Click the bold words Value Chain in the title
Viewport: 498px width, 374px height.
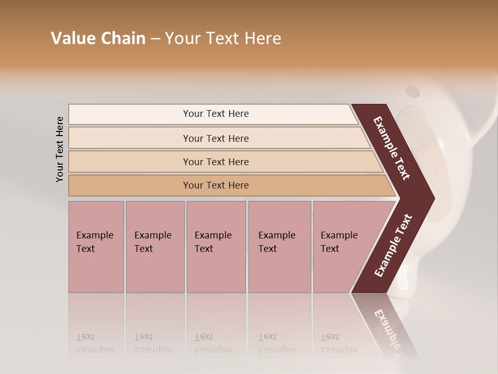[x=98, y=38]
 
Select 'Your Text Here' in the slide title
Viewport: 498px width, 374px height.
[x=223, y=38]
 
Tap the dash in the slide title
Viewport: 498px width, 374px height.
[x=155, y=39]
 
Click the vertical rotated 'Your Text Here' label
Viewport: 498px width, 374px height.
[x=60, y=149]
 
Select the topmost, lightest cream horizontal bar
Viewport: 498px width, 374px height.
[x=213, y=114]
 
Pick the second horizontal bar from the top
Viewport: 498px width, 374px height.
[x=215, y=138]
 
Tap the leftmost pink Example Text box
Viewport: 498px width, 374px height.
[x=96, y=247]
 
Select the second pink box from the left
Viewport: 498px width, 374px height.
[x=155, y=247]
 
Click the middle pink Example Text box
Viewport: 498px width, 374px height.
[x=216, y=247]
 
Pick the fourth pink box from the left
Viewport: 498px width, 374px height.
[x=280, y=247]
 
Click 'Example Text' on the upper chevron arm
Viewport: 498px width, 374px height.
[x=392, y=148]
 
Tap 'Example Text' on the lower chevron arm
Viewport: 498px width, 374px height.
[x=393, y=245]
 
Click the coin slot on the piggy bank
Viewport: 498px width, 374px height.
[x=412, y=91]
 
